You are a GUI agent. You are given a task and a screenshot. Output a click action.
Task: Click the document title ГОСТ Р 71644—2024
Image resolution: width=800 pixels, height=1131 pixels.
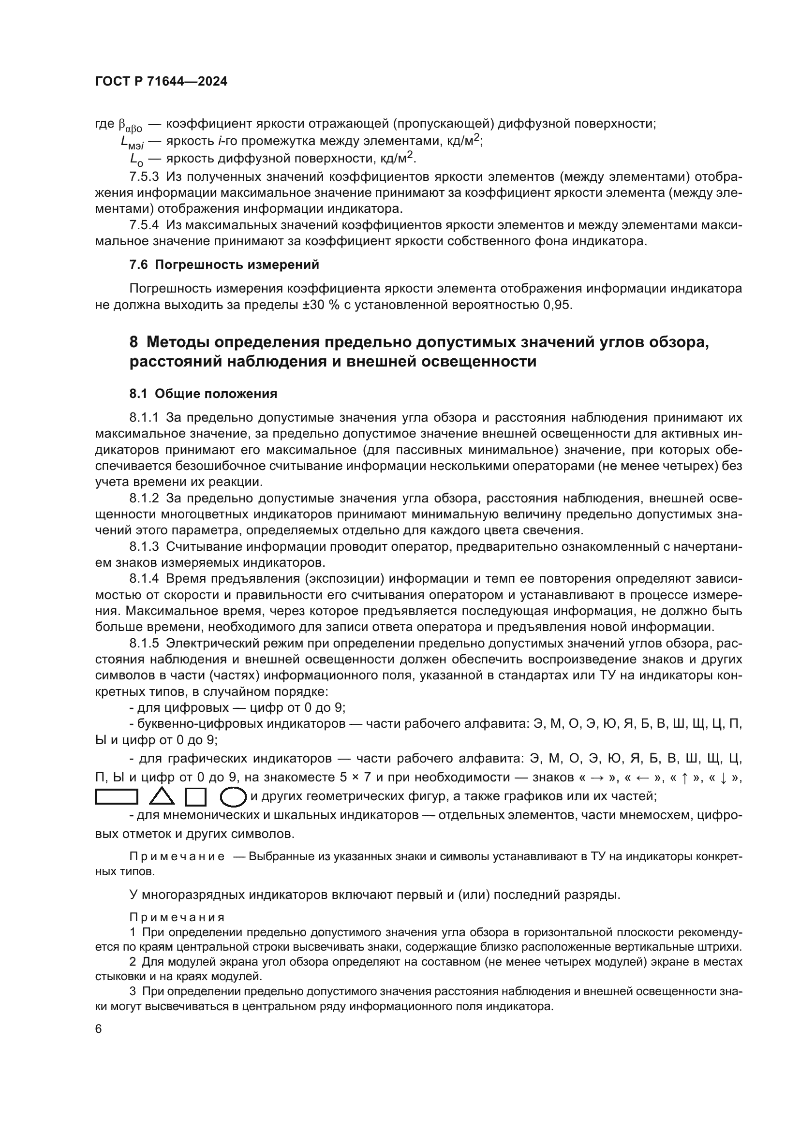click(x=161, y=82)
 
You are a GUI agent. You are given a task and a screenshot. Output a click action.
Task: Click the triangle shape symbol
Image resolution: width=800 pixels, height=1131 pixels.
click(x=162, y=796)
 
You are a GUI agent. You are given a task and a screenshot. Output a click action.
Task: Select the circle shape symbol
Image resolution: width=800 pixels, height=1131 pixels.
click(x=233, y=796)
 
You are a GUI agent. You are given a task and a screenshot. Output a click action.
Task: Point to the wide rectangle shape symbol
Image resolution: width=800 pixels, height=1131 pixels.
click(x=116, y=796)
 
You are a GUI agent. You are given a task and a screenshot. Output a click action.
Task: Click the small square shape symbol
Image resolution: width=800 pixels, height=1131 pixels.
click(x=195, y=796)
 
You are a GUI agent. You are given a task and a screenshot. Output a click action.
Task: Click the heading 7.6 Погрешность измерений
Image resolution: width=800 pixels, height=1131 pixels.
click(x=224, y=265)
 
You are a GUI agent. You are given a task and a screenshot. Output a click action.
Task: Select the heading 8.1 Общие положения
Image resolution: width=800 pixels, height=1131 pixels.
click(x=203, y=394)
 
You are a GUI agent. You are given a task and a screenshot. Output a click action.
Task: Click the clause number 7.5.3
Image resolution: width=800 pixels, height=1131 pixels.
click(x=144, y=176)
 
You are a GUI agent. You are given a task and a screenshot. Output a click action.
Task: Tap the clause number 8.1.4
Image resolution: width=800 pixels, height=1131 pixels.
click(x=144, y=578)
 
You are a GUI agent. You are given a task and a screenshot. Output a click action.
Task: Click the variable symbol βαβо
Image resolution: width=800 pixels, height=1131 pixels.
click(x=130, y=125)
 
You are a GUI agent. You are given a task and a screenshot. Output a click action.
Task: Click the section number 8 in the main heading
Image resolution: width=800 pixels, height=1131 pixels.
click(x=133, y=342)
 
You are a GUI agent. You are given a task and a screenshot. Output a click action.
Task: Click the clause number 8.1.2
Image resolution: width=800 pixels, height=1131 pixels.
click(x=144, y=498)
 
